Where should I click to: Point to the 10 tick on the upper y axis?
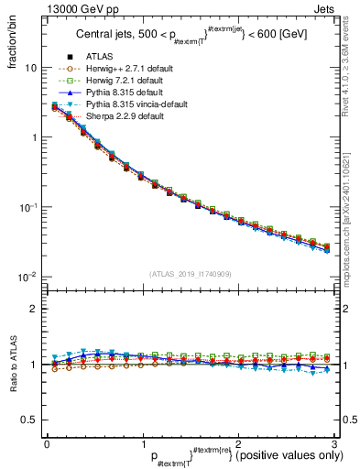tap(30, 68)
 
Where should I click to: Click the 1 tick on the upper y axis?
tap(33, 137)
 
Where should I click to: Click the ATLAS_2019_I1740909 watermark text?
tap(191, 273)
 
